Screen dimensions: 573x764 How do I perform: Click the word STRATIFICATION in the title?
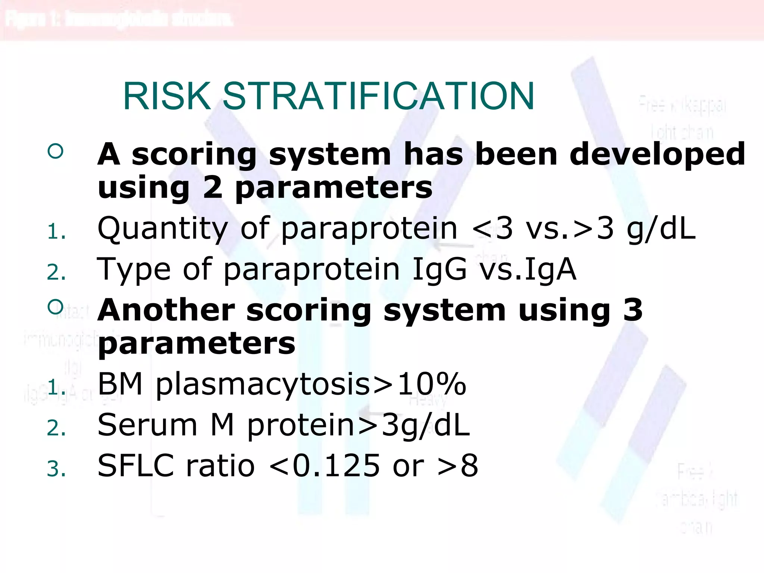[378, 96]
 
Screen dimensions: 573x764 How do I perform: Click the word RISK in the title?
[167, 96]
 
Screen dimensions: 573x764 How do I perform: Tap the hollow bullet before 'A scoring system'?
[56, 151]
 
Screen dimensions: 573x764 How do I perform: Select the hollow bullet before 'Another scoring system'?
[56, 307]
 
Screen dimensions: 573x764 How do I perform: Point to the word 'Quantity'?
[162, 229]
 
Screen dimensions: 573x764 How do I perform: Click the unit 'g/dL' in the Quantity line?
[661, 229]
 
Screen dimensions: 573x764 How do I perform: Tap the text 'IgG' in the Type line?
[439, 269]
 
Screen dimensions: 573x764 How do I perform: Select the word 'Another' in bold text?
[166, 310]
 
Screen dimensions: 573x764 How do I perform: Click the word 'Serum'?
[147, 425]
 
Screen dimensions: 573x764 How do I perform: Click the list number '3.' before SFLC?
[56, 469]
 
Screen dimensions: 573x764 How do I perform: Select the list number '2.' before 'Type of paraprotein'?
[56, 272]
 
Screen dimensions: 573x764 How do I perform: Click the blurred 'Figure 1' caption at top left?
[119, 19]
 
